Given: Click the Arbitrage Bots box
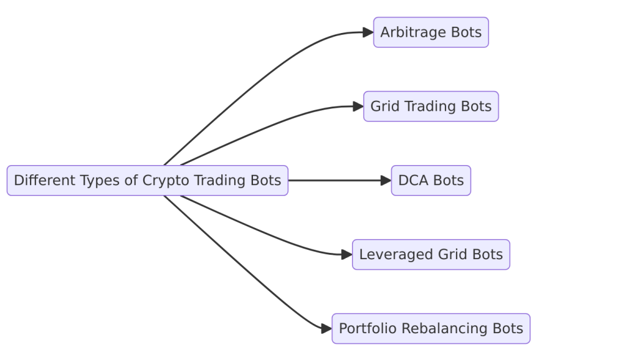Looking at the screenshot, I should tap(431, 32).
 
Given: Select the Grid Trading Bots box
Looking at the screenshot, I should tap(431, 107).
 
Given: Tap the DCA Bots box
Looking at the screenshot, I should tap(431, 181).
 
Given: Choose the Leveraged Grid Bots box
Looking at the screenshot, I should tap(431, 255).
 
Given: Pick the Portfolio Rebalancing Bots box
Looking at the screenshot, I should tap(431, 329).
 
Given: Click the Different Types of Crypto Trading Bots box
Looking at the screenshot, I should tap(147, 181).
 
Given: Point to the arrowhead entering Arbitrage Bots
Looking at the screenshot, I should tap(368, 32).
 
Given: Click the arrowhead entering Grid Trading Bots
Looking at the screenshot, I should tap(358, 107).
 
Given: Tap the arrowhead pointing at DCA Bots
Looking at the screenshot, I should tap(386, 181).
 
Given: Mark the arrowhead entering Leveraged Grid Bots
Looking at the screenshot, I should tap(347, 255).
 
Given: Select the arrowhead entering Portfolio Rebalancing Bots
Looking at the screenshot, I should tap(326, 329).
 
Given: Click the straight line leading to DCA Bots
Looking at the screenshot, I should tap(336, 181).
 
